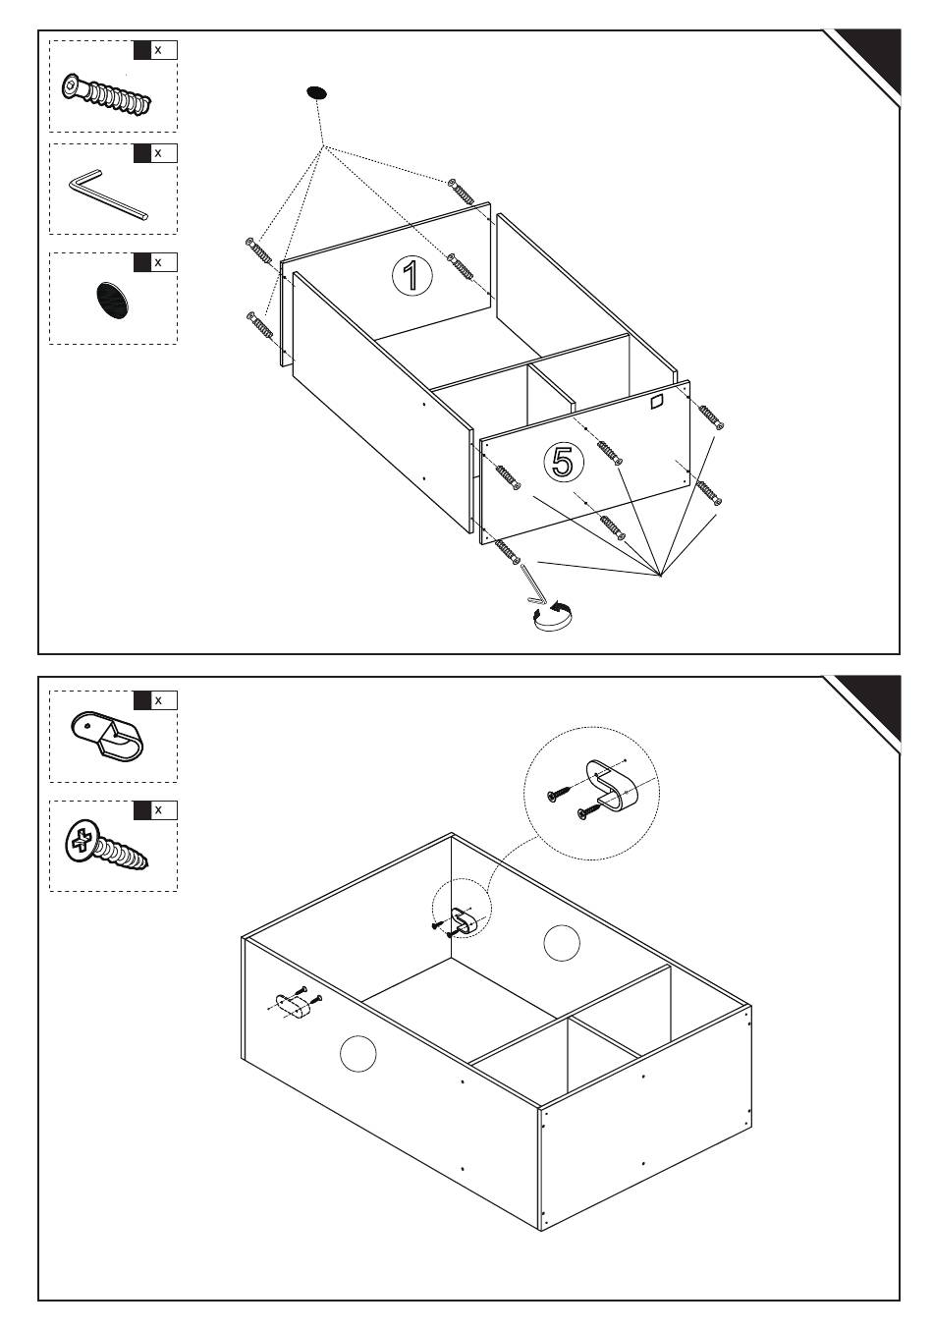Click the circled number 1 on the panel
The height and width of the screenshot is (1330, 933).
412,275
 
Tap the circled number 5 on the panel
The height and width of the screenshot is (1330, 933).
564,462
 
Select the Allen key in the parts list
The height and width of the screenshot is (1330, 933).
107,194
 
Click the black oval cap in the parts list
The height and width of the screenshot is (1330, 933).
111,301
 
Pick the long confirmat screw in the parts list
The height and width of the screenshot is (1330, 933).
106,95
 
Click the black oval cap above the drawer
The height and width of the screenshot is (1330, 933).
316,92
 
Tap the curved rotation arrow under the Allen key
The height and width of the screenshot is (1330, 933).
553,615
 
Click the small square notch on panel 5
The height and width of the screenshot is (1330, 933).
655,402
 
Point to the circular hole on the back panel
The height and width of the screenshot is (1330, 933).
562,942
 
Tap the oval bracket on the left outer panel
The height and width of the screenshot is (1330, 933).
294,1007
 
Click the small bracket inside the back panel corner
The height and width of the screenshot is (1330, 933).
465,921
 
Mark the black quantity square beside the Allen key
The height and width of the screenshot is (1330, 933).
142,153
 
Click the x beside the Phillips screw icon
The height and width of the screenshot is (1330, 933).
158,809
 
